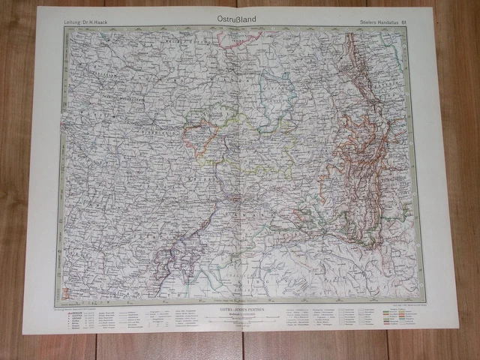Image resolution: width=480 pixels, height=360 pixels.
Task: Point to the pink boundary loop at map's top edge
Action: tap(228, 42)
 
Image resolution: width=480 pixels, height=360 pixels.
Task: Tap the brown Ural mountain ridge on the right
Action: tap(360, 150)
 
